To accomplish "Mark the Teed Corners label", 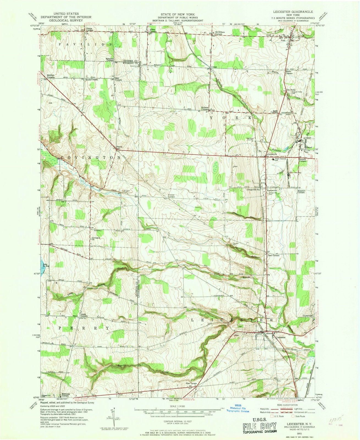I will point(273,255).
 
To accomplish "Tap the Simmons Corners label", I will point(65,395).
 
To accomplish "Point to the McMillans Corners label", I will point(220,33).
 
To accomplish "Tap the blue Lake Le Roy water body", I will point(42,265).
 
